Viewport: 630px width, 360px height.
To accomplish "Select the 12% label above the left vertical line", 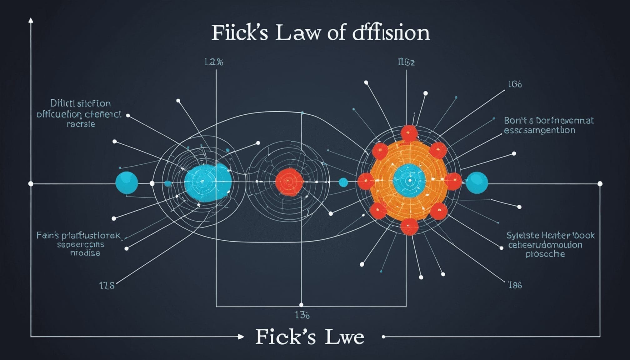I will tap(214, 62).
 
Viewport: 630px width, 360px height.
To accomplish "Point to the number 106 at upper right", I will tap(515, 84).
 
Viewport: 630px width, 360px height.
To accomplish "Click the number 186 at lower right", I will tap(515, 285).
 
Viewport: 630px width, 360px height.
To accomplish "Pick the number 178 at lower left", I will tap(107, 285).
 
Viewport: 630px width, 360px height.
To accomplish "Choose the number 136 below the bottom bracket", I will tap(302, 315).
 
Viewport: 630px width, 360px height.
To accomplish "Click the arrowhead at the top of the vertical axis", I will tap(31, 20).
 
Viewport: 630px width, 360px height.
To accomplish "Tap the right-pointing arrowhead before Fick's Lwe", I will tap(241, 337).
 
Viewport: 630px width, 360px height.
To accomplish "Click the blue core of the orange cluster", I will tap(409, 181).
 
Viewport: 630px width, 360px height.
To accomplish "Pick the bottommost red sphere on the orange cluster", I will tap(409, 226).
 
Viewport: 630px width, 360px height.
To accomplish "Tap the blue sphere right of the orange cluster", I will tap(477, 182).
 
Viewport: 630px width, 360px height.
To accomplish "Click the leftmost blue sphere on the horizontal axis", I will tap(127, 182).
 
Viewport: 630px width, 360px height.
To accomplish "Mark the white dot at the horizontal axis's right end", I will tap(600, 184).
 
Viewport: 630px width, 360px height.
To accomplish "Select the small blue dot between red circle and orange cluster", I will tap(343, 182).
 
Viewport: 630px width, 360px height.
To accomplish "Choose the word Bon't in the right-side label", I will tap(515, 121).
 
